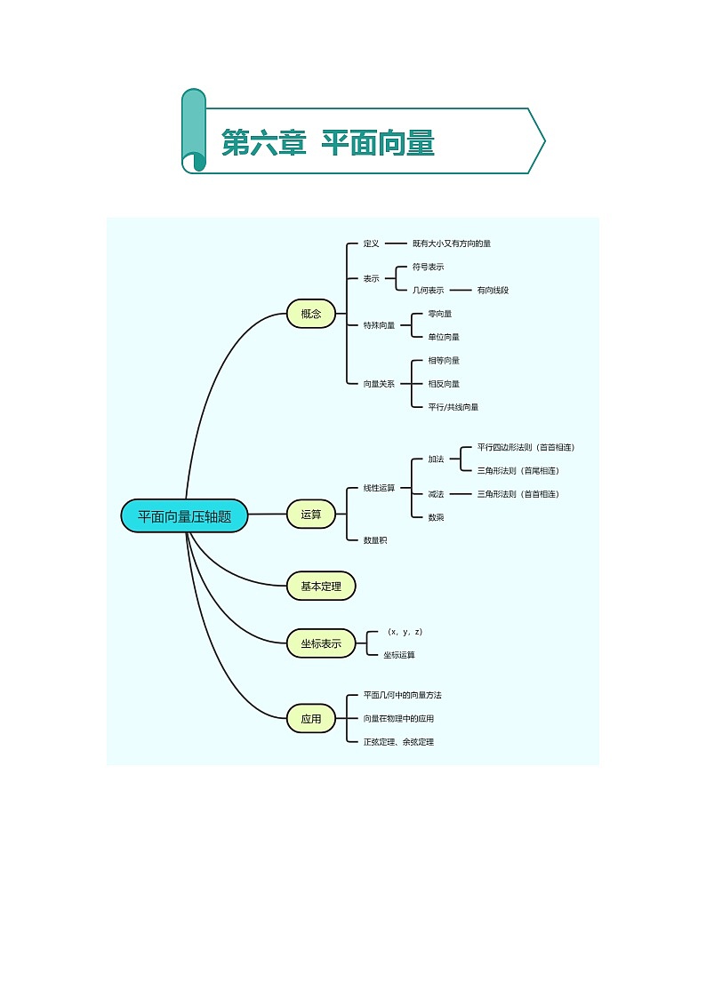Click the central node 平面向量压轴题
[x=184, y=516]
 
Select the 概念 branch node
[x=311, y=313]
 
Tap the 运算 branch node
[x=311, y=514]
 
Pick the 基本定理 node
[x=321, y=586]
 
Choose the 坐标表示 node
[x=321, y=642]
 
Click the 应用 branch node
[x=311, y=718]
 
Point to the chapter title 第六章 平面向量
[x=327, y=142]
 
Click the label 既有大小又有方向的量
[x=452, y=243]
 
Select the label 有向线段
[x=493, y=290]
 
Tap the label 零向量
[x=439, y=314]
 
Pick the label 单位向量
[x=443, y=337]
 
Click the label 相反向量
[x=443, y=384]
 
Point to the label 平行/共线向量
[x=453, y=407]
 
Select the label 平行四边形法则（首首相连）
[x=532, y=447]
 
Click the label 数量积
[x=374, y=539]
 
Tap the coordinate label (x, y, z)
[x=405, y=632]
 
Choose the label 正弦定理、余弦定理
[x=398, y=741]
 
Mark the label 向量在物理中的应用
[x=398, y=718]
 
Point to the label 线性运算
[x=379, y=488]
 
